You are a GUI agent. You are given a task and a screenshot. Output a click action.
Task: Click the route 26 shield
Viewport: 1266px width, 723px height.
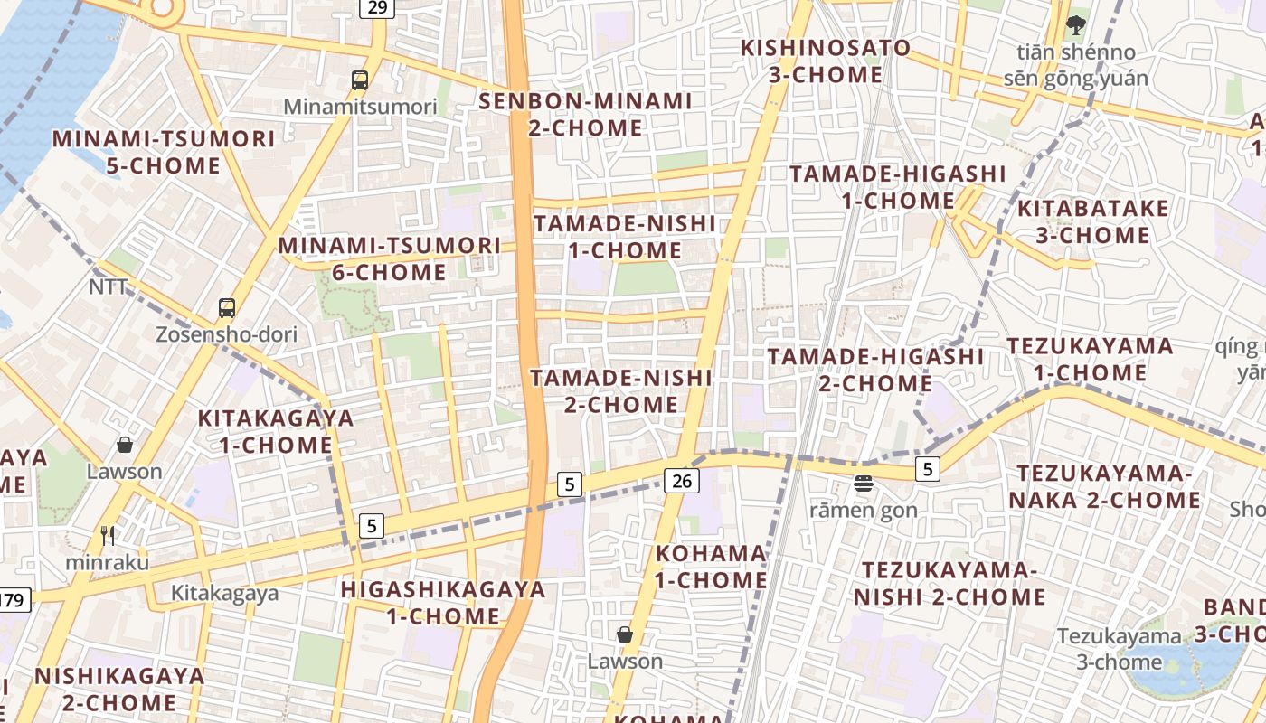coord(682,481)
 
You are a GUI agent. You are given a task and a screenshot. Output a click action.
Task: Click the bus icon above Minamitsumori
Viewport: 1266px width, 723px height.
coord(360,80)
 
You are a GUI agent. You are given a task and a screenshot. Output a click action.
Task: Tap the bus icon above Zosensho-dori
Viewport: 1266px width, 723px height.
coord(227,307)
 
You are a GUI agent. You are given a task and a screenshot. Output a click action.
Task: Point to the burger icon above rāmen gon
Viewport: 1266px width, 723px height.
coord(863,484)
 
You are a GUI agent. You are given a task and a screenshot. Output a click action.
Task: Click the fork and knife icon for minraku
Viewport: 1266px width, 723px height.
coord(108,536)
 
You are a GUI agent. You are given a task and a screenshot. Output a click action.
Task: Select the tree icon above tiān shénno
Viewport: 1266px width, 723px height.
coord(1075,24)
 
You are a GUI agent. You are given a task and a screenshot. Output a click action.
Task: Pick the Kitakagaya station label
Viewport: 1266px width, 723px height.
coord(225,594)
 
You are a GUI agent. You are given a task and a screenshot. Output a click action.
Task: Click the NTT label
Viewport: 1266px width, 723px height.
coord(108,287)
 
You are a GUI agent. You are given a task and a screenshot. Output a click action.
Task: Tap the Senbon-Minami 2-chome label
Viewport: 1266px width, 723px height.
coord(585,115)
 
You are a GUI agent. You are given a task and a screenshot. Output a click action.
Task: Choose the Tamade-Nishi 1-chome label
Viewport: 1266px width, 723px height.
coord(624,237)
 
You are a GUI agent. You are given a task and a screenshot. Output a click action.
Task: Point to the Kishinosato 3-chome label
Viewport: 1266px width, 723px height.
coord(825,61)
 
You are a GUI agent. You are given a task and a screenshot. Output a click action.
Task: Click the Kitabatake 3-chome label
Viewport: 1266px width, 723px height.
coord(1092,222)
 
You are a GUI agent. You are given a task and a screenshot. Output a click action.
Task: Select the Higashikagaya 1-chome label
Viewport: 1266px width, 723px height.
coord(443,604)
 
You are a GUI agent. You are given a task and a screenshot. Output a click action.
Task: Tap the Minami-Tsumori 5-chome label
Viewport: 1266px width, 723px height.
coord(163,153)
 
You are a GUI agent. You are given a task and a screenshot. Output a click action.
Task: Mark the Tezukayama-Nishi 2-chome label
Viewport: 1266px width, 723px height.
coord(949,584)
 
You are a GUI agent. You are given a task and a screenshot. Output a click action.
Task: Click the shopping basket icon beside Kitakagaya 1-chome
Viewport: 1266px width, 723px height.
coord(125,446)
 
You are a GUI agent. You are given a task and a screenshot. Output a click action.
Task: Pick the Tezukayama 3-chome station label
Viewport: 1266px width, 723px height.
coord(1119,649)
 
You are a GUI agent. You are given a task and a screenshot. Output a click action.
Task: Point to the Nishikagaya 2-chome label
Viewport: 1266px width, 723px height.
coord(119,690)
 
